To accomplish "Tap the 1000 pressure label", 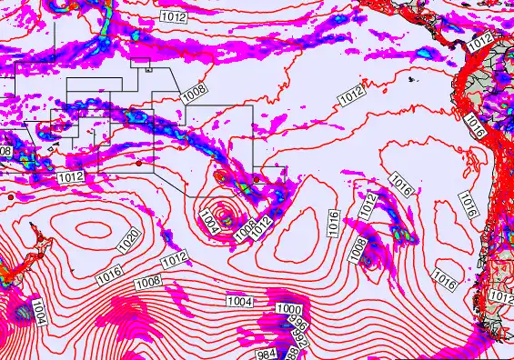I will click(288, 310).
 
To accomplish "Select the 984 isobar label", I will click(267, 354).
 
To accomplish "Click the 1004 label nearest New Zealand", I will click(39, 308).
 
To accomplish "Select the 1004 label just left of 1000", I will click(239, 301).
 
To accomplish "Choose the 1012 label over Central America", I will click(480, 39).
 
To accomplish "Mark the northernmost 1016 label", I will click(472, 119).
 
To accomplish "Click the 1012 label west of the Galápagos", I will click(351, 94).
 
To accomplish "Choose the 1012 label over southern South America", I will click(501, 297).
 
